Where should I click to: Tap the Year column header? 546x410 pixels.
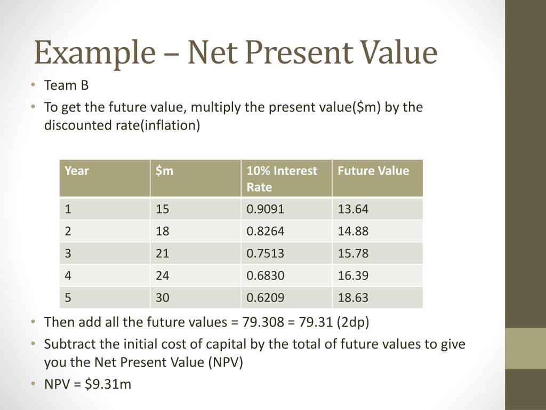77,171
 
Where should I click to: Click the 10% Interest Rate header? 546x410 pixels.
282,179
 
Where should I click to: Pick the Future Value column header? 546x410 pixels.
373,171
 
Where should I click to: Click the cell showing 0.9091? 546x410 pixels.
265,209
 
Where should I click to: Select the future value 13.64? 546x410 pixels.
353,209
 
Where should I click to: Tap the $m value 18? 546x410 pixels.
162,231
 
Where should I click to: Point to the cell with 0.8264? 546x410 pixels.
265,231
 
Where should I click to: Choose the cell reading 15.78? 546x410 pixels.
353,253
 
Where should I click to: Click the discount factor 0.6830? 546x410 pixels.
265,275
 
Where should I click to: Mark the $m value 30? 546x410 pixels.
162,297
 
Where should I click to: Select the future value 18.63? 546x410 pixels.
353,297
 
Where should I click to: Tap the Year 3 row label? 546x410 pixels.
68,253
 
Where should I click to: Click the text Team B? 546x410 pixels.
66,85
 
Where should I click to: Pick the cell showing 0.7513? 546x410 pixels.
265,253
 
